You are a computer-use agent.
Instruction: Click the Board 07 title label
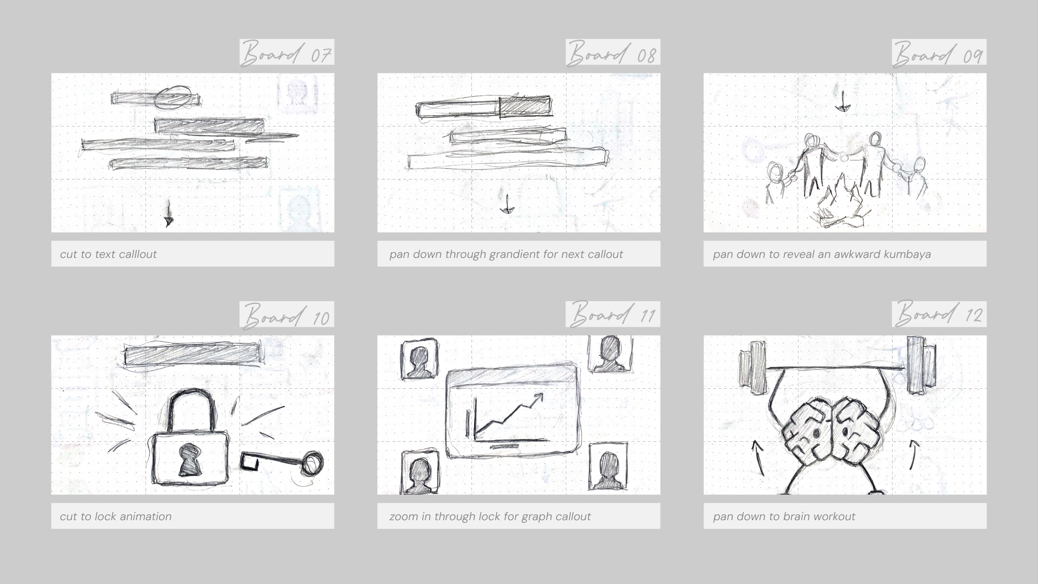point(287,52)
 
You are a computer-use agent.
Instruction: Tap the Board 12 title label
point(939,314)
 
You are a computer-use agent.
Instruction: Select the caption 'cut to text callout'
point(108,254)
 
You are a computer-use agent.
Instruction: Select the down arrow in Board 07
point(169,213)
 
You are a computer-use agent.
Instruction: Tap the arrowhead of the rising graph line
point(538,398)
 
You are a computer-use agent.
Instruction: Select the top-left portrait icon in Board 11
point(419,359)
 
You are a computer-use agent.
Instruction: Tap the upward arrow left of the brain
point(758,459)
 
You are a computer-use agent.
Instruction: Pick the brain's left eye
point(816,433)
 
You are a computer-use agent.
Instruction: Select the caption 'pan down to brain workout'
point(784,516)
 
